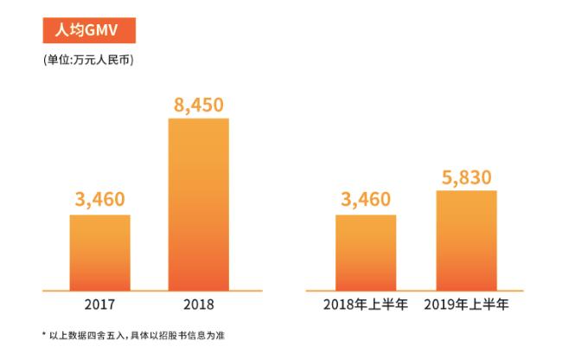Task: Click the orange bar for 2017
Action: tap(99, 251)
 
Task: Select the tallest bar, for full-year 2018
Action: tap(198, 203)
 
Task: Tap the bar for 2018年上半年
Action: tap(366, 251)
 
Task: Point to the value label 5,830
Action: tap(466, 178)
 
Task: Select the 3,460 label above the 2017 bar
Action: tap(100, 202)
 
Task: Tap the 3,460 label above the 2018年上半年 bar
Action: tap(366, 202)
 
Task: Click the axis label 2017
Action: tap(100, 305)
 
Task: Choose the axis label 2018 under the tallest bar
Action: tap(198, 305)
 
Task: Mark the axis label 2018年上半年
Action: tap(367, 305)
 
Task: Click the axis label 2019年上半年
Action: tap(467, 305)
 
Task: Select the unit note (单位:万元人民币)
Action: tap(87, 61)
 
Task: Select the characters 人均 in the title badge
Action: tap(67, 29)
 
